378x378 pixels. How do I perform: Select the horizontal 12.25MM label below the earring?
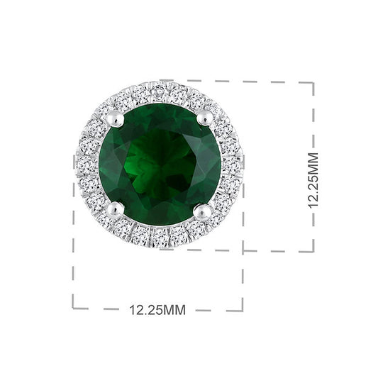pos(157,310)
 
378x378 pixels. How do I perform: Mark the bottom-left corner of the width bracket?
pos(74,308)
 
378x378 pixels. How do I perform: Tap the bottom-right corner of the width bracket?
pos(243,308)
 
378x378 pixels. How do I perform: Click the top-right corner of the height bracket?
pos(313,83)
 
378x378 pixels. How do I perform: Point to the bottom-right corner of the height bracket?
pos(313,250)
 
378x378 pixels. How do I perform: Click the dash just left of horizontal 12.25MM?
pos(111,309)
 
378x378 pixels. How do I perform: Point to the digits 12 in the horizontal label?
pos(135,310)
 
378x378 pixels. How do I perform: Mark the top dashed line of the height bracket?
pos(241,82)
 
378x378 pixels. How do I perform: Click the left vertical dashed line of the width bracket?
pos(74,248)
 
